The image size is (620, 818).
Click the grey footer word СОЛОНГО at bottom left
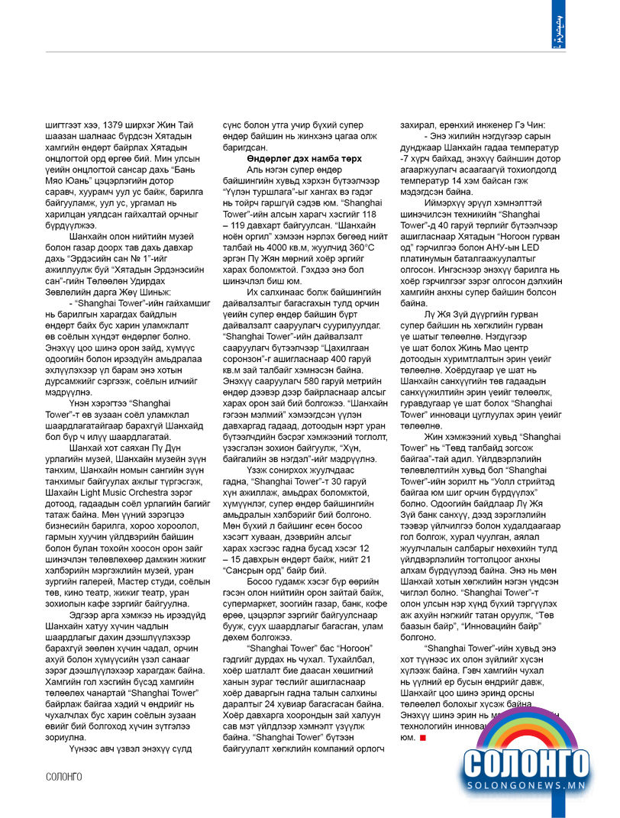63,777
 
